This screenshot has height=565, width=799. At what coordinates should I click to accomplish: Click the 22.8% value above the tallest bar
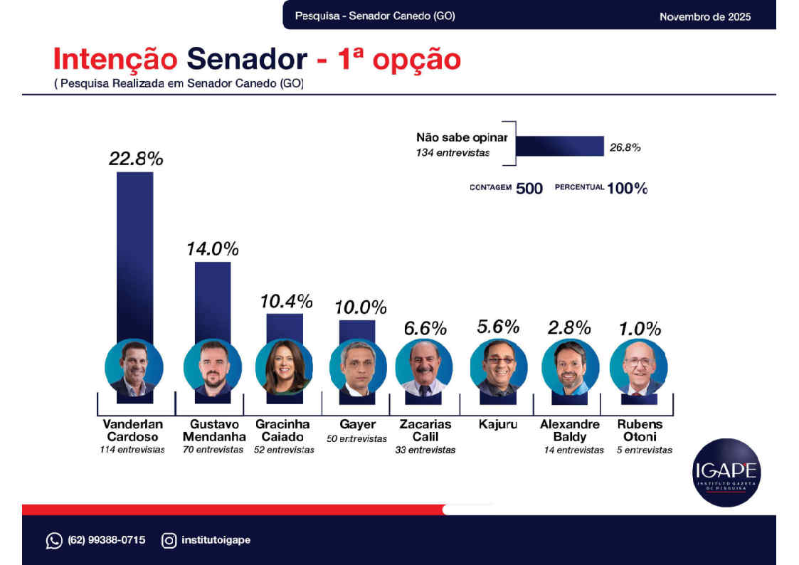click(135, 159)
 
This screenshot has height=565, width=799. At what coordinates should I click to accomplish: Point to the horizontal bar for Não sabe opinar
click(559, 147)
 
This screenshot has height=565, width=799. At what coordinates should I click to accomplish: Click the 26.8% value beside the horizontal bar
click(625, 148)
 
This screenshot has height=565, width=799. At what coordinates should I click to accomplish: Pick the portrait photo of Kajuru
click(499, 367)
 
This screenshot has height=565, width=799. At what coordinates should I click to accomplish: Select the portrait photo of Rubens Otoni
click(638, 367)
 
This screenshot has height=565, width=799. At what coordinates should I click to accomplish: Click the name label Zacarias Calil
click(425, 431)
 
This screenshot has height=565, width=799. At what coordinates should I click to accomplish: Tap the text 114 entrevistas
click(132, 450)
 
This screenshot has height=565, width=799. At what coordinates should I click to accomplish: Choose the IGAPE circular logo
click(726, 472)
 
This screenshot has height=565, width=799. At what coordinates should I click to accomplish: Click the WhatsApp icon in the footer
click(54, 541)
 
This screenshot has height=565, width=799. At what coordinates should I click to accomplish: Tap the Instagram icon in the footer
click(169, 541)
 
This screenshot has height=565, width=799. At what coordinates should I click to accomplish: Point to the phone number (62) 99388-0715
click(107, 540)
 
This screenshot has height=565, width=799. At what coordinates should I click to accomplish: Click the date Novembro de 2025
click(704, 16)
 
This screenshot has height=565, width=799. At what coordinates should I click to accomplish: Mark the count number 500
click(529, 189)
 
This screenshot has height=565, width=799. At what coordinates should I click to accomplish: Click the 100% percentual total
click(627, 189)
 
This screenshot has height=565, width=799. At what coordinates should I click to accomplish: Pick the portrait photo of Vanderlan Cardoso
click(134, 367)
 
